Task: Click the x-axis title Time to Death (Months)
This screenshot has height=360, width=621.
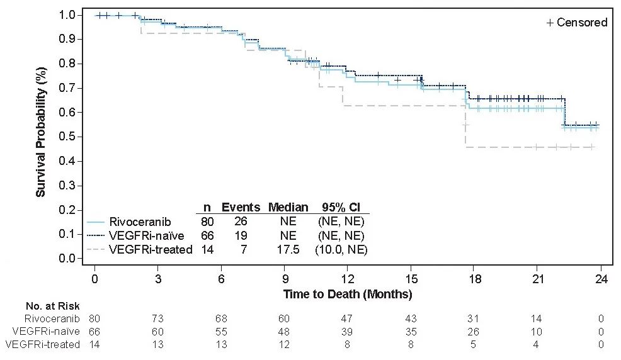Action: click(347, 294)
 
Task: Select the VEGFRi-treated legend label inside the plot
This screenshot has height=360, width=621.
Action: click(151, 250)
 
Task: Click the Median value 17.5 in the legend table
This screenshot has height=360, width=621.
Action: click(288, 250)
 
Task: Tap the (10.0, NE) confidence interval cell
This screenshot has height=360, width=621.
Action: click(341, 250)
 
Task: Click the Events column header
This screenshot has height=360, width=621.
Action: click(240, 207)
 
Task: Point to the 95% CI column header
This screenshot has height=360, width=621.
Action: click(340, 207)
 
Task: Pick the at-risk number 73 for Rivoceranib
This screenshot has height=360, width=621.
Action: click(157, 319)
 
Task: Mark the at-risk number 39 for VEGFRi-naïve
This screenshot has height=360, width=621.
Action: click(348, 332)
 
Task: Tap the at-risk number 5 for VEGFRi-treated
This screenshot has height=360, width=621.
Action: click(474, 344)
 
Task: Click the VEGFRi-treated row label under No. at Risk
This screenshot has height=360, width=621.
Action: click(43, 344)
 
